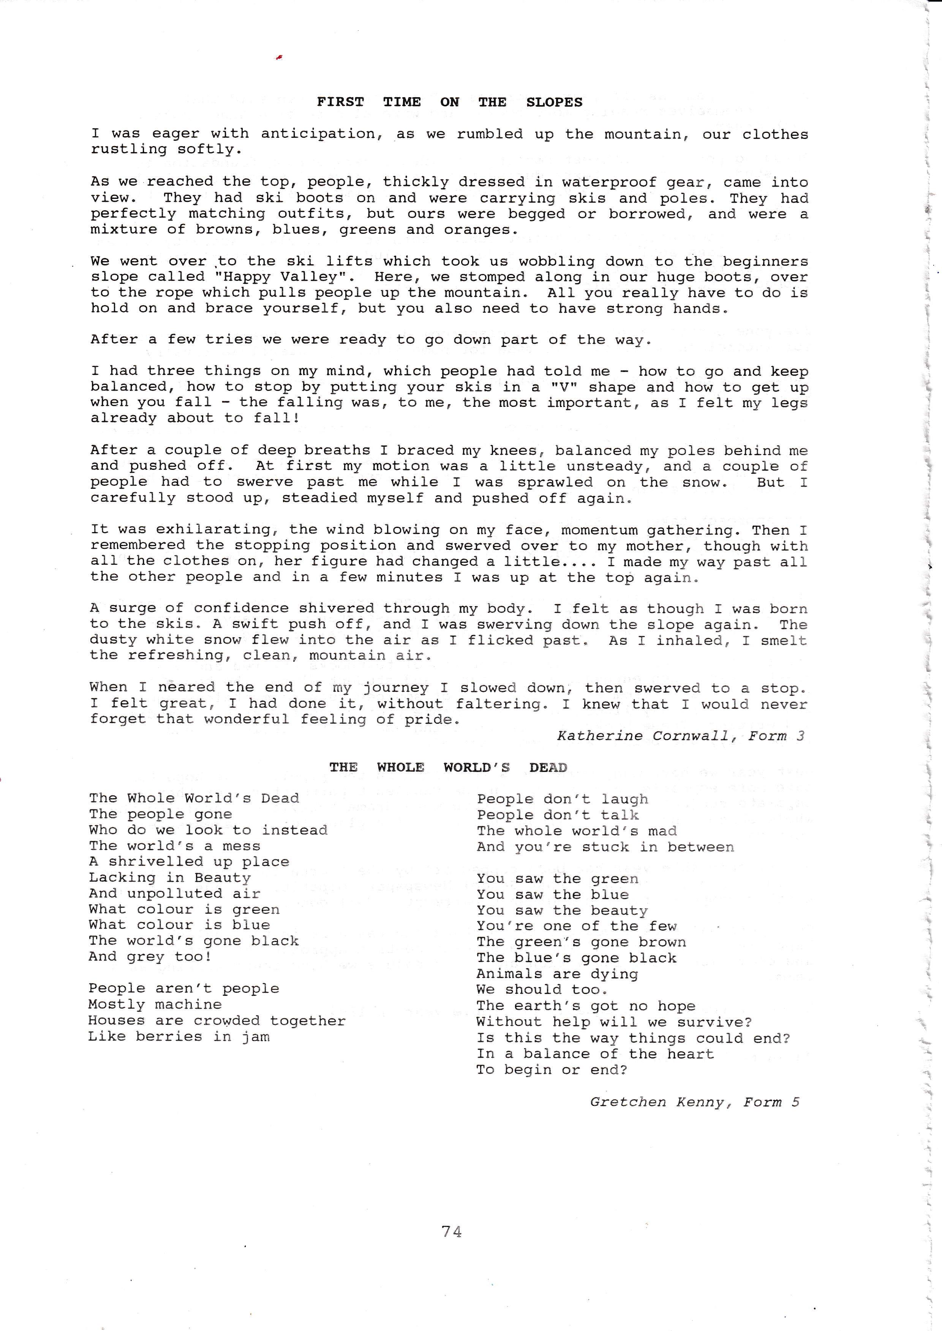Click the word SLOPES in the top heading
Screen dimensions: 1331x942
pyautogui.click(x=554, y=102)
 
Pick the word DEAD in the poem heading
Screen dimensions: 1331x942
pyautogui.click(x=548, y=767)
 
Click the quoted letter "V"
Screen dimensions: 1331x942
pyautogui.click(x=553, y=387)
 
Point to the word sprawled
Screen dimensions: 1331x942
pyautogui.click(x=555, y=482)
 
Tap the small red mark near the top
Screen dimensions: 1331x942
pyautogui.click(x=279, y=57)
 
